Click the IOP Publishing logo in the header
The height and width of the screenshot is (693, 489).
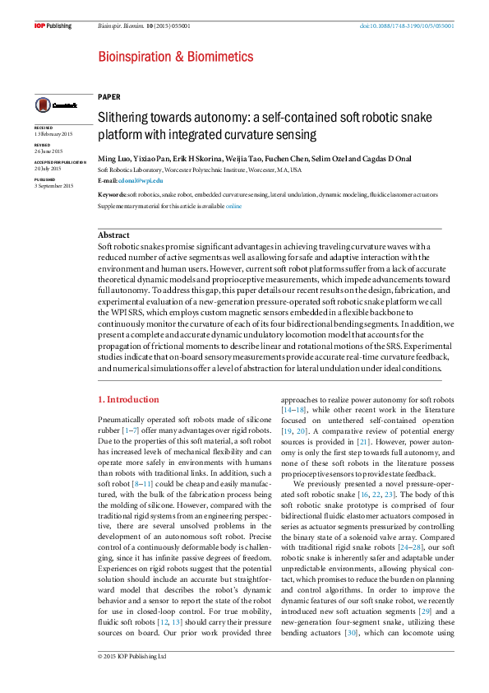coord(53,26)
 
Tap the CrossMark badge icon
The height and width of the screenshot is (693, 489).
coord(55,105)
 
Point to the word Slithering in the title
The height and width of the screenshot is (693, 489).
coord(124,119)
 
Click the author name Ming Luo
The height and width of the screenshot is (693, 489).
coord(114,159)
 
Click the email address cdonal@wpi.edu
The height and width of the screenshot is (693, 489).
coord(141,179)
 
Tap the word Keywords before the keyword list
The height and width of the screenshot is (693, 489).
coord(112,195)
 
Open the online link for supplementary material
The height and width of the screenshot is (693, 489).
coord(233,206)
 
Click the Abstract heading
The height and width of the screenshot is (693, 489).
coord(113,235)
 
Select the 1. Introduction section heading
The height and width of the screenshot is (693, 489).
coord(128,399)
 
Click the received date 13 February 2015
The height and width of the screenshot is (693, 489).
coord(53,134)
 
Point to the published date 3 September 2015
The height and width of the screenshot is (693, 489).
coord(53,186)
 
